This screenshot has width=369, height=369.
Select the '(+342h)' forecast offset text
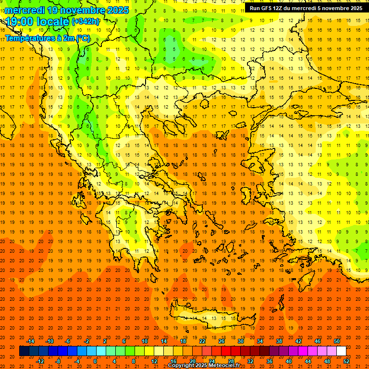86,22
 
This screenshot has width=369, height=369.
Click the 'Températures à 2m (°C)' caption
47,38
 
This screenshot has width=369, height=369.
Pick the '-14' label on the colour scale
30,341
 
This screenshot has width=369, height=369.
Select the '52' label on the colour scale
346,361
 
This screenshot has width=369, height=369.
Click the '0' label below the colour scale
95,361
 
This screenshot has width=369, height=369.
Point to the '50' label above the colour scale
336,341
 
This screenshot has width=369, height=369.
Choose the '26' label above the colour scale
221,341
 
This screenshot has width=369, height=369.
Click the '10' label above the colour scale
144,341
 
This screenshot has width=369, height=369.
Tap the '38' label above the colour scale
279,341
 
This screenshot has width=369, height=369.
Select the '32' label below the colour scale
250,361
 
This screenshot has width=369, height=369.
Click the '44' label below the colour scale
308,361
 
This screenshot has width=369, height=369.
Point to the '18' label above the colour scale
183,341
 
